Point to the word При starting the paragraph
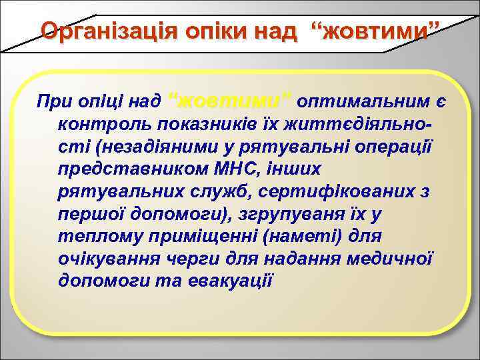(54, 101)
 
